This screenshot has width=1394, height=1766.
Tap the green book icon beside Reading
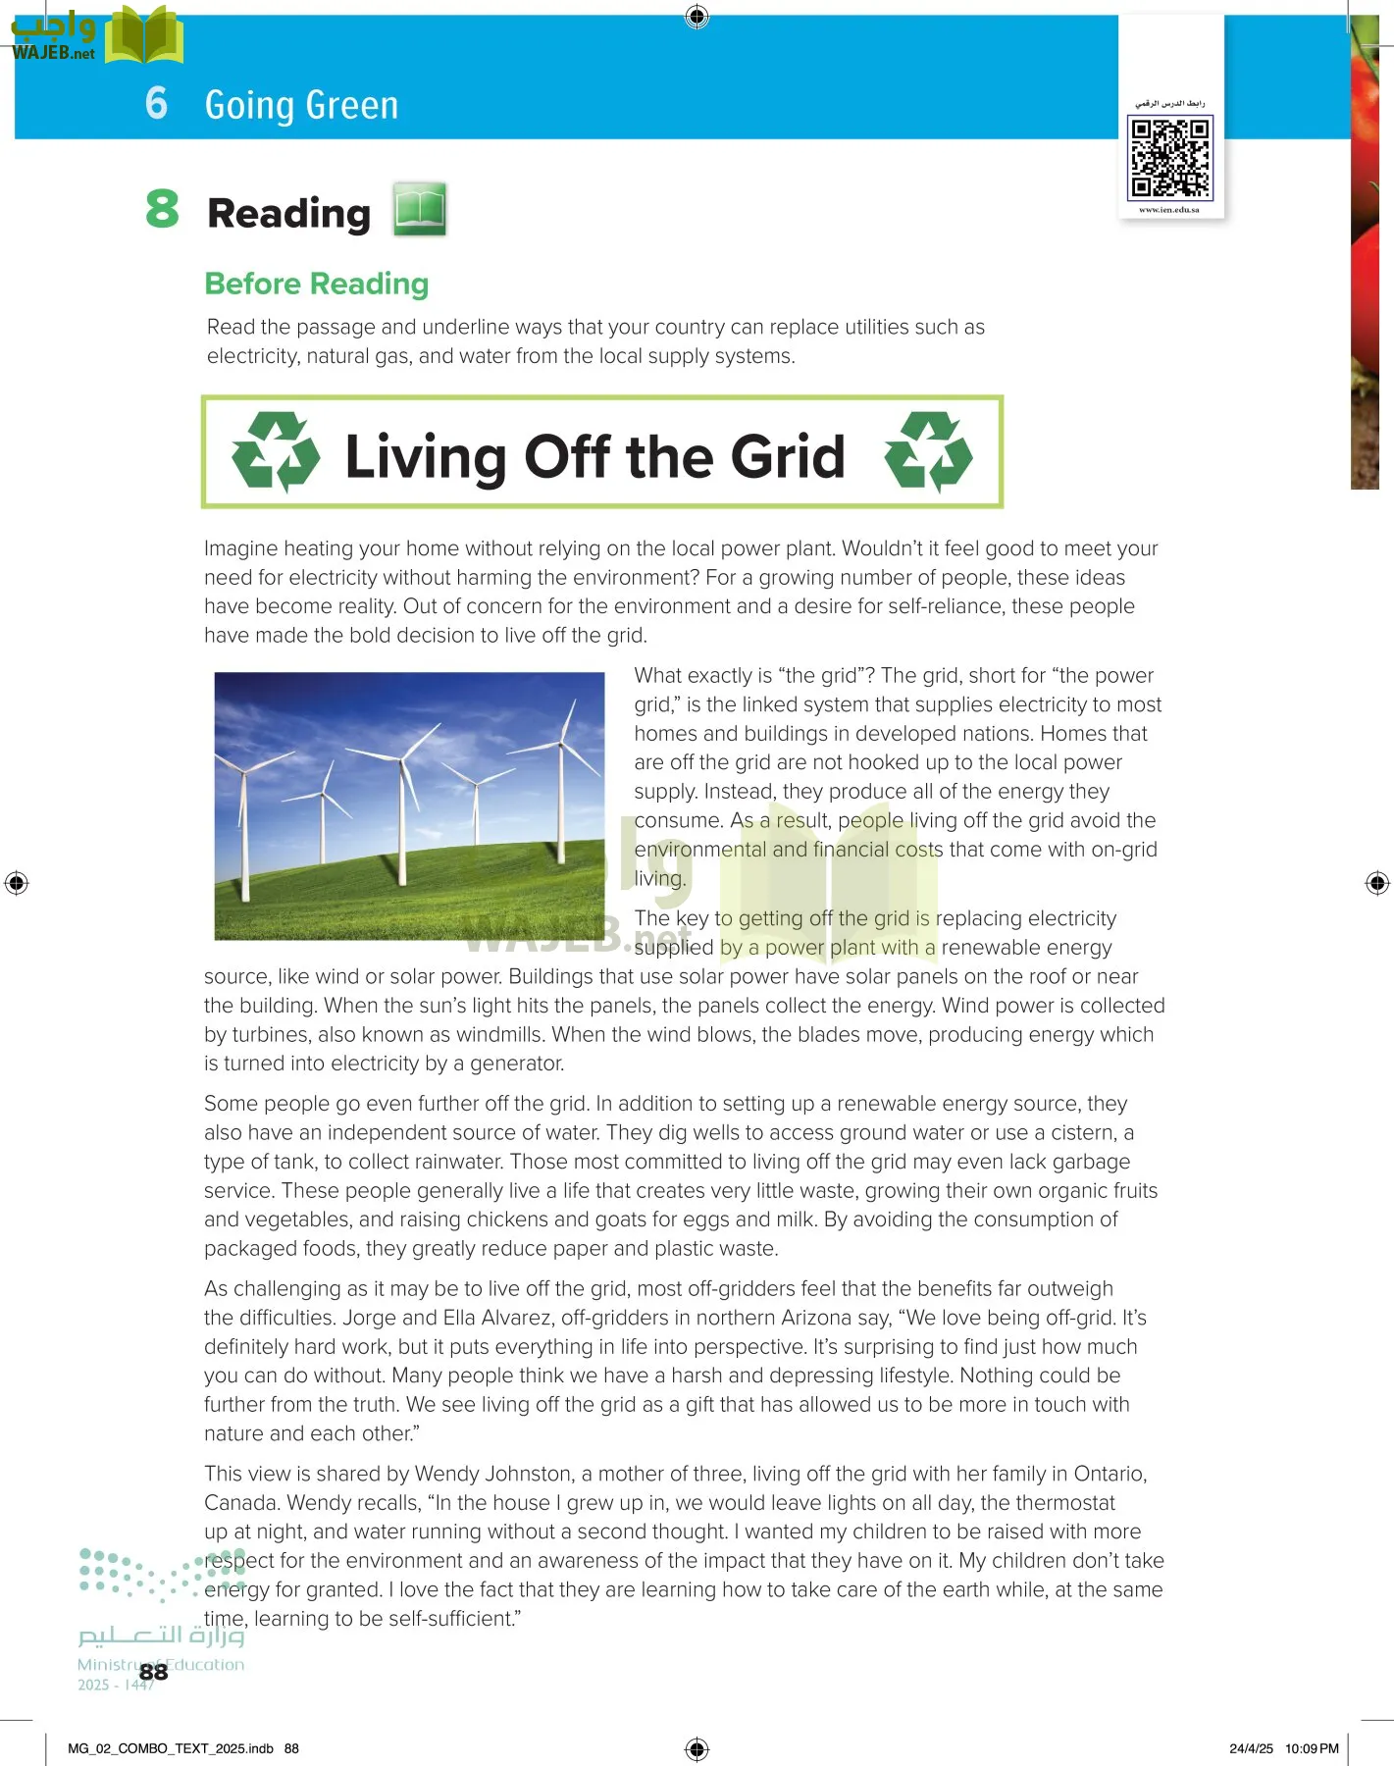coord(420,209)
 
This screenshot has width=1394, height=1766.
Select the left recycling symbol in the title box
coord(276,452)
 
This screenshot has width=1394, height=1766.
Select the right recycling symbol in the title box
coord(928,452)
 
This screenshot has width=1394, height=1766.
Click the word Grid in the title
coord(788,457)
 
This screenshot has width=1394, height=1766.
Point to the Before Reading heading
coord(316,284)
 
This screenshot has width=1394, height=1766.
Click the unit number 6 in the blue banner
coord(156,103)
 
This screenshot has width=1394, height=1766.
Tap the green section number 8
coord(163,209)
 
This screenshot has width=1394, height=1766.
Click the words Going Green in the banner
coord(301,105)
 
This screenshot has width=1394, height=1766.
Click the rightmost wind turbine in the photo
coord(561,775)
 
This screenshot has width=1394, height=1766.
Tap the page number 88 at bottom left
coord(153,1672)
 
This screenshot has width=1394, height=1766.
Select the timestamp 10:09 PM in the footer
coord(1312,1748)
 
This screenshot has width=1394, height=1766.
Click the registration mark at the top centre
coord(697,16)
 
